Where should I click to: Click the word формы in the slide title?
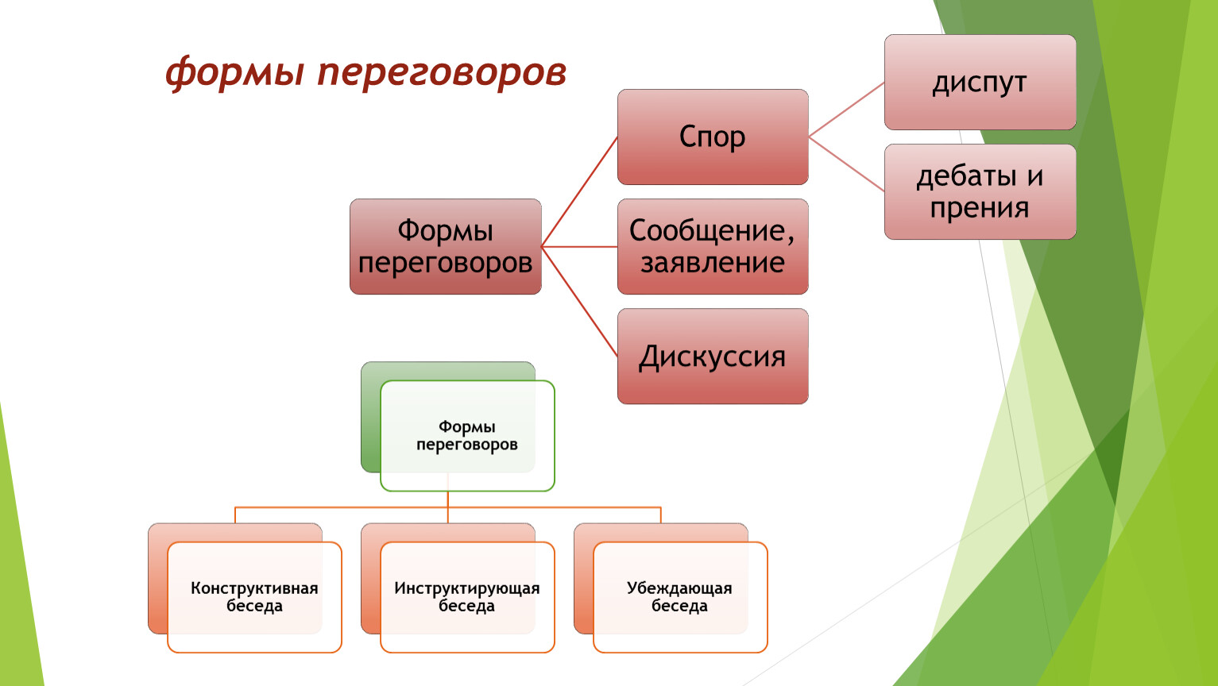point(234,73)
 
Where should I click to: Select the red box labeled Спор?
point(713,137)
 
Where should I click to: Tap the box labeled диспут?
point(980,82)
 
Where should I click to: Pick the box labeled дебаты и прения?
point(980,192)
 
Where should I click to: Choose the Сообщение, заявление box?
point(713,247)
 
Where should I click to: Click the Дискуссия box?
point(713,356)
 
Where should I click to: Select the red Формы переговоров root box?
point(446,247)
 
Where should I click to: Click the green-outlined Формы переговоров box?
point(468,436)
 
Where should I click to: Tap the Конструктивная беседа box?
point(254,597)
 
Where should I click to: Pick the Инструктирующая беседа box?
point(468,597)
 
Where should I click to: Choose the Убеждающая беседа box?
point(680,597)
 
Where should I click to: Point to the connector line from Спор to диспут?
point(847,110)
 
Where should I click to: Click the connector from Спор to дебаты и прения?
point(847,164)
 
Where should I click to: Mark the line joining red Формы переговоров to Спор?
point(579,192)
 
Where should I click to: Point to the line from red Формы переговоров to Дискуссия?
point(579,302)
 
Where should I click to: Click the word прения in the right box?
point(980,208)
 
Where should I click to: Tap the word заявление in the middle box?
point(713,263)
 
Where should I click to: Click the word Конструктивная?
point(254,588)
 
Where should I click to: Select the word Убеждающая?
point(679,588)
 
